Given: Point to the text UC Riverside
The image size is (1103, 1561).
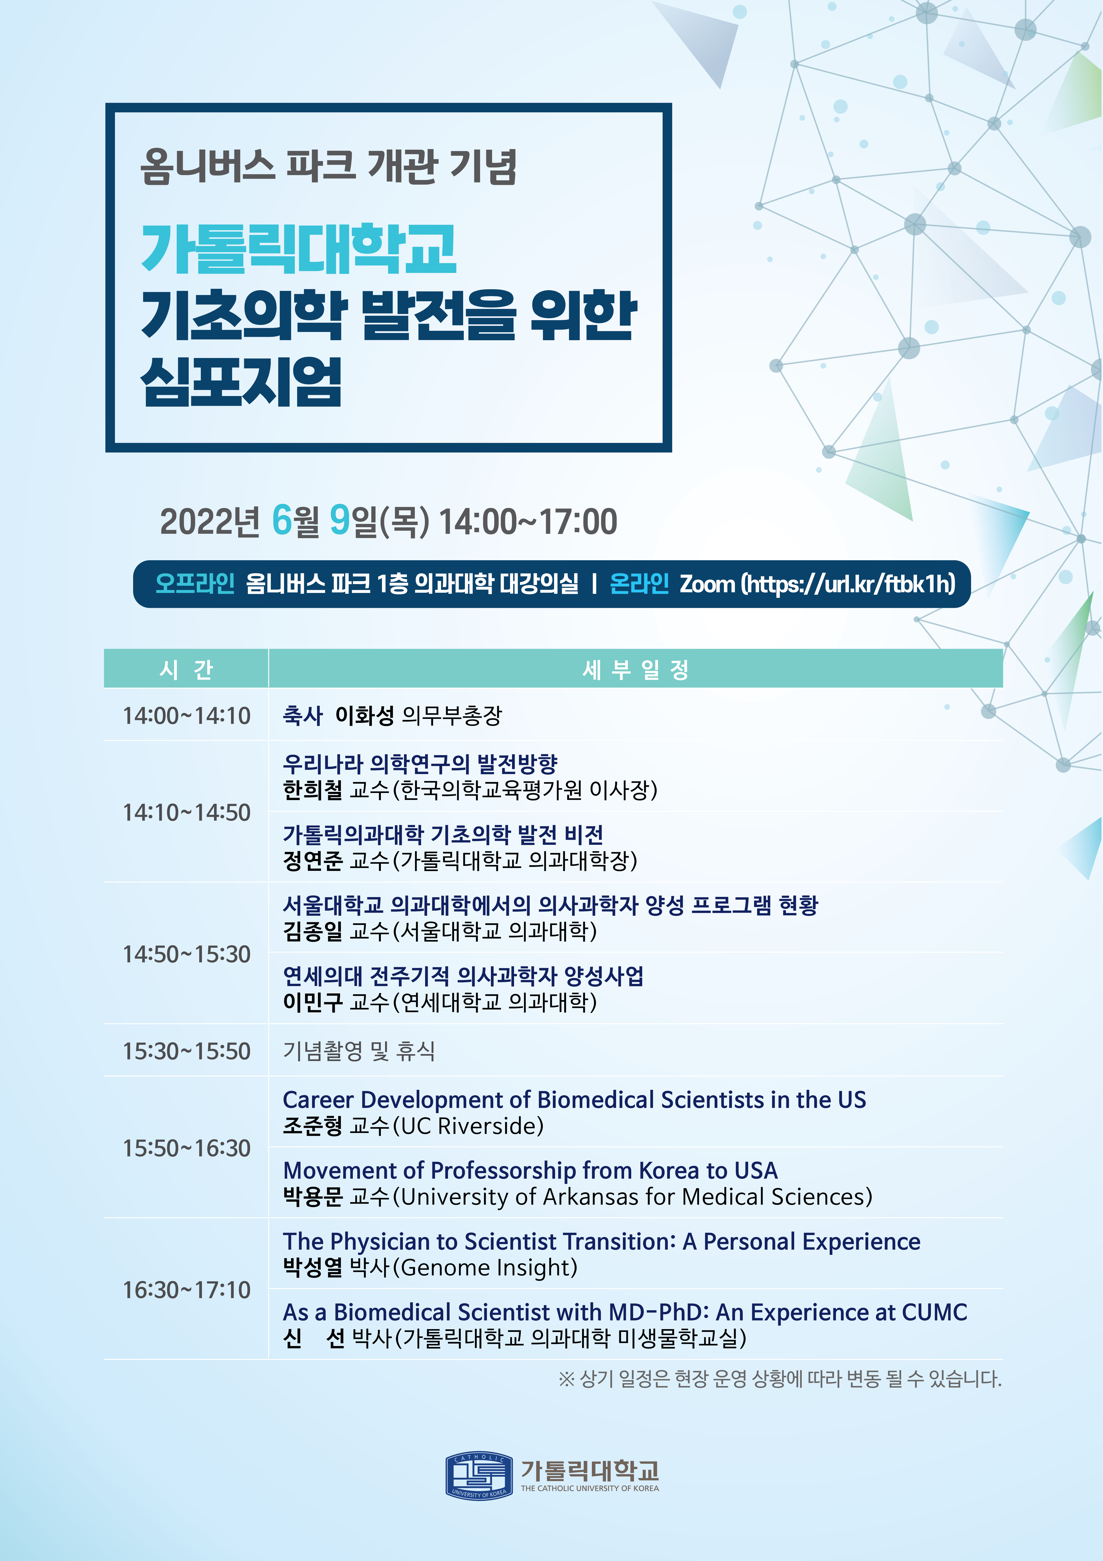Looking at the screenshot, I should point(472,1126).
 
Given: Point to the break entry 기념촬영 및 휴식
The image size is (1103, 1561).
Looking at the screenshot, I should point(358,1051).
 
